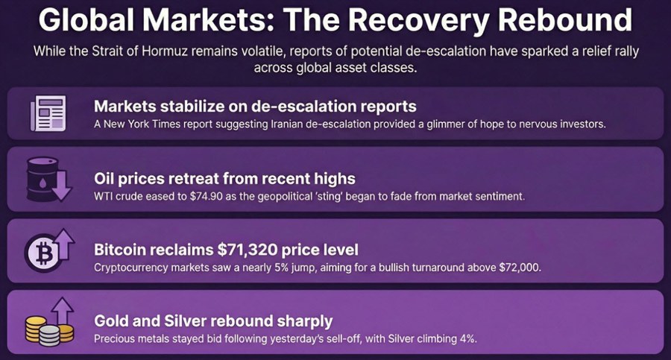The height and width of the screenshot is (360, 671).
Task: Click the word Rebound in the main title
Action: [565, 19]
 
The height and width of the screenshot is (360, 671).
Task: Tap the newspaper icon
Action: [48, 113]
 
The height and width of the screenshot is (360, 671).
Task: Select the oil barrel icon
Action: [42, 180]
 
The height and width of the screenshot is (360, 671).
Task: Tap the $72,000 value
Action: [520, 268]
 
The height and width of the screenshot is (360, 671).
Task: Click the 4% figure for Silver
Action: [467, 338]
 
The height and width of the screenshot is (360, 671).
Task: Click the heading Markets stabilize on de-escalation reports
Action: [255, 106]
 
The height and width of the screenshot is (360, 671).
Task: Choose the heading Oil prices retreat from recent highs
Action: [224, 178]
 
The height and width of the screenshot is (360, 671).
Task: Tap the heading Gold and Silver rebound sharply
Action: [213, 321]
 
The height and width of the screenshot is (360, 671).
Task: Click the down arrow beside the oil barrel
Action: [63, 185]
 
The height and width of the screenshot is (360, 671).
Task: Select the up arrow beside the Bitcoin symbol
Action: [65, 244]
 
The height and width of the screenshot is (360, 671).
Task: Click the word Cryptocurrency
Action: [131, 268]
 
